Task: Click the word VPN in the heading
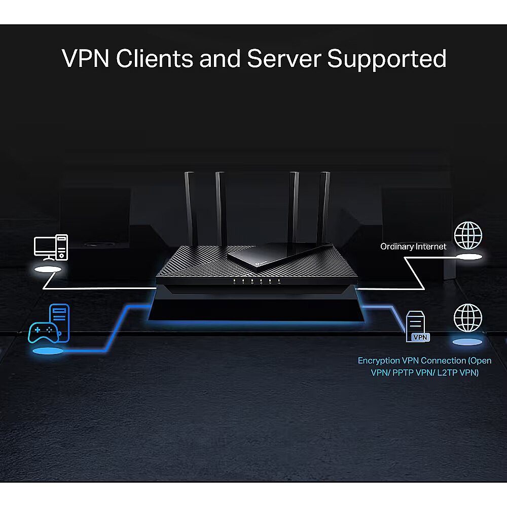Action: pos(85,58)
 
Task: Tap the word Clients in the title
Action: pos(155,58)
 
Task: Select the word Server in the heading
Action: pos(284,58)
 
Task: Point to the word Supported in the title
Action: pos(387,59)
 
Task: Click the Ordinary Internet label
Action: pos(413,247)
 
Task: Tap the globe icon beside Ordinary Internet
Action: pos(468,235)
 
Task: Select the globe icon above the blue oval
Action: pos(468,318)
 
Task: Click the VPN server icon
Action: pos(417,326)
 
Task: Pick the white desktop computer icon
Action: pos(51,247)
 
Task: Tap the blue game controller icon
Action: pos(44,333)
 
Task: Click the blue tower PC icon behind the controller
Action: pos(59,322)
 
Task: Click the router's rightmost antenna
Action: pos(323,208)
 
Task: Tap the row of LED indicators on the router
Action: pos(257,281)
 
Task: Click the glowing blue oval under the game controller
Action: pos(48,351)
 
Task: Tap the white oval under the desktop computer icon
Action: pos(48,270)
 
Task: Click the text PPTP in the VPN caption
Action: pos(403,373)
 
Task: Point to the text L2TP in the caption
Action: pos(447,373)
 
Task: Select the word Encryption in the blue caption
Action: pos(379,361)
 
